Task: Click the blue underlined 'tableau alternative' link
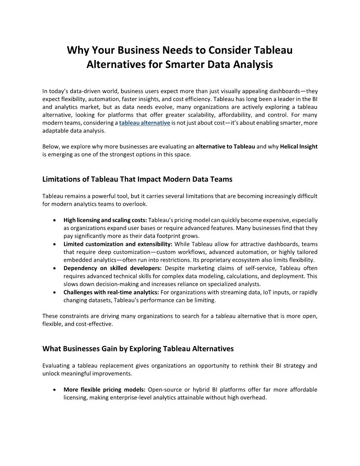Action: pyautogui.click(x=145, y=123)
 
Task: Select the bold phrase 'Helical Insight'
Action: pyautogui.click(x=299, y=147)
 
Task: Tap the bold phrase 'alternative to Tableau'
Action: pyautogui.click(x=225, y=147)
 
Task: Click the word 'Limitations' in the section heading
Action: pyautogui.click(x=62, y=179)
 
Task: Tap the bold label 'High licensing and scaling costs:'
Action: pyautogui.click(x=105, y=220)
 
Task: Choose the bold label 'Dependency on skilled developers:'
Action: pyautogui.click(x=112, y=268)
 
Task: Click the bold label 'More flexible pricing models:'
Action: pyautogui.click(x=105, y=390)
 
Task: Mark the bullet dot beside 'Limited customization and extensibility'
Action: pyautogui.click(x=54, y=244)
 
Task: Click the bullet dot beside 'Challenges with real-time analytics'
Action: pyautogui.click(x=54, y=293)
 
